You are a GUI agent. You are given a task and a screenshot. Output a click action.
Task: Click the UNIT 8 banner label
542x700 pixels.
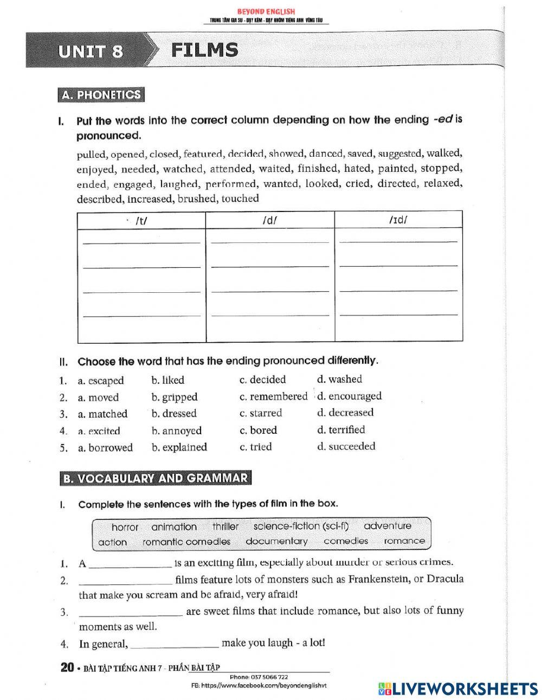pyautogui.click(x=91, y=52)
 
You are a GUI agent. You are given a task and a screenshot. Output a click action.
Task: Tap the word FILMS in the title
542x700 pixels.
pyautogui.click(x=205, y=50)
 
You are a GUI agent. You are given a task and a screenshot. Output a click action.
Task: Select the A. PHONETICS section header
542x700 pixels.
pyautogui.click(x=101, y=95)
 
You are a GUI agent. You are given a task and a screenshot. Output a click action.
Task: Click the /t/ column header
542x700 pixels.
pyautogui.click(x=141, y=221)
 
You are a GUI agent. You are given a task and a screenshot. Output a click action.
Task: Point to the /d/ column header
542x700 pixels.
pyautogui.click(x=269, y=221)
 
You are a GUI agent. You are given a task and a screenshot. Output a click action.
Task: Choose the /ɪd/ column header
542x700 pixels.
pyautogui.click(x=398, y=220)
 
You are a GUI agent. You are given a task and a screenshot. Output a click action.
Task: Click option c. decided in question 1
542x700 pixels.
pyautogui.click(x=263, y=380)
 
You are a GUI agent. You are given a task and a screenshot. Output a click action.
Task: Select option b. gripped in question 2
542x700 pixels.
pyautogui.click(x=175, y=397)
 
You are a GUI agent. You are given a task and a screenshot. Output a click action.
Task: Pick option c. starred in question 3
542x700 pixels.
pyautogui.click(x=261, y=413)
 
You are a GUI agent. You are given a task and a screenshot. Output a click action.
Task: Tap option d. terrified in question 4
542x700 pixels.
pyautogui.click(x=341, y=430)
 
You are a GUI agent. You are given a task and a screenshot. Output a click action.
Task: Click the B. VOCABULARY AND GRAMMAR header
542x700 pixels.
pyautogui.click(x=155, y=478)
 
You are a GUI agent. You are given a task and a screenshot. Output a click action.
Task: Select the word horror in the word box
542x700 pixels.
pyautogui.click(x=125, y=527)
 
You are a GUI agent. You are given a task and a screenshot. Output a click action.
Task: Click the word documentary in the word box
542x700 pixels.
pyautogui.click(x=276, y=541)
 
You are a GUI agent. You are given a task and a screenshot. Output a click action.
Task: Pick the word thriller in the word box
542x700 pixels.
pyautogui.click(x=225, y=526)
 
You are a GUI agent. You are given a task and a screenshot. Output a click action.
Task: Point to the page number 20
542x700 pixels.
pyautogui.click(x=67, y=667)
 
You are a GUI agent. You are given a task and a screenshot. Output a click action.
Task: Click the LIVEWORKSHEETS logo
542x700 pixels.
pyautogui.click(x=458, y=689)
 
